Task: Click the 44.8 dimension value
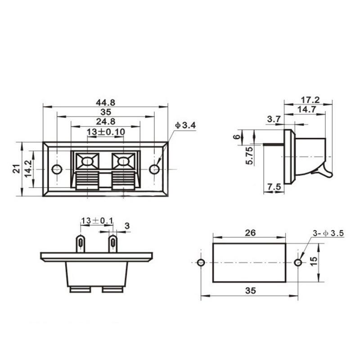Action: pos(106,102)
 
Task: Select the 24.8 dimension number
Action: pos(106,121)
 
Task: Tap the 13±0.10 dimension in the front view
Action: pos(106,131)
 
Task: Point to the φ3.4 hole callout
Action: pos(185,126)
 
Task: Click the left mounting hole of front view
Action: pos(57,169)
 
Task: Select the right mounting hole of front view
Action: pos(154,169)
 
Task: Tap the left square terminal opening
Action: pos(88,161)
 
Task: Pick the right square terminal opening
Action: pos(122,161)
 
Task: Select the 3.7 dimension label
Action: pos(274,119)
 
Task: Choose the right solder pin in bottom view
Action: pos(112,243)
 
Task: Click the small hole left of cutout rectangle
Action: pos(201,262)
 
